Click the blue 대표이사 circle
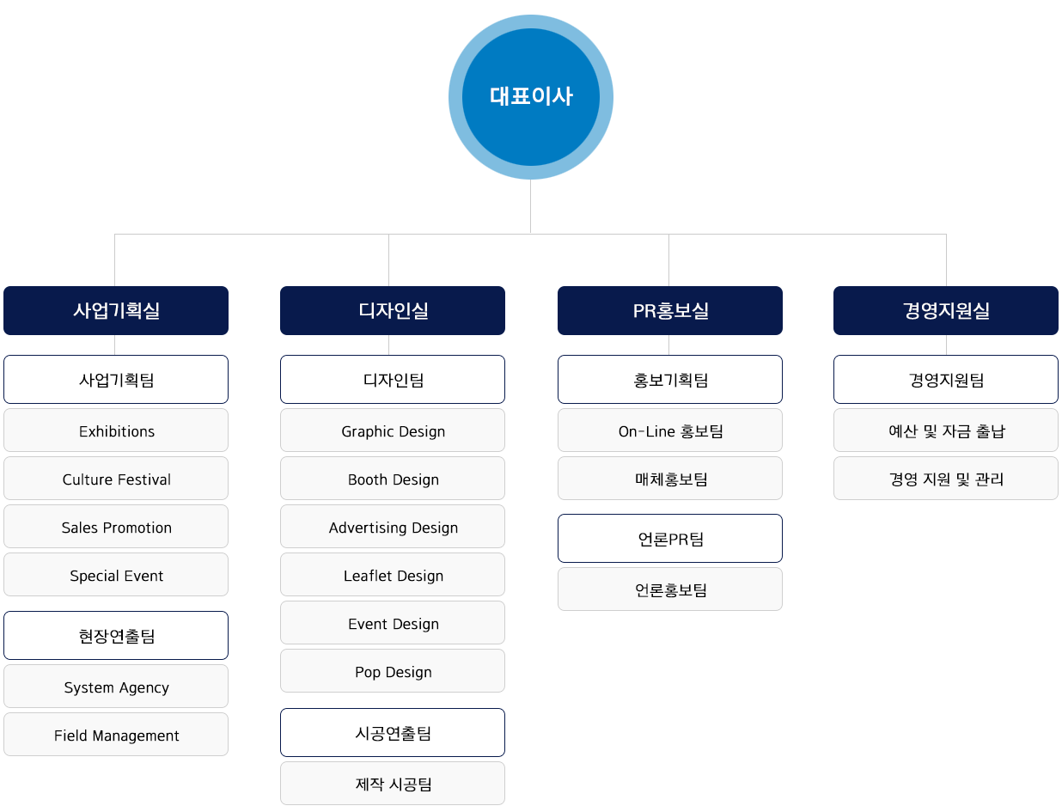(x=531, y=97)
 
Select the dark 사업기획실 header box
(x=116, y=310)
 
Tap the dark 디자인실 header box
(x=393, y=310)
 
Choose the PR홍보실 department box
(x=670, y=310)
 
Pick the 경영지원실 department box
(x=946, y=310)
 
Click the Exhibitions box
(x=116, y=430)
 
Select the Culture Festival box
(x=116, y=479)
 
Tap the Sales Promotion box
(x=116, y=527)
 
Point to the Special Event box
(x=116, y=575)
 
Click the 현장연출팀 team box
(x=116, y=636)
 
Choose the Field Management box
(x=116, y=735)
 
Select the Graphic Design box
(x=393, y=430)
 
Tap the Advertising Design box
(x=393, y=527)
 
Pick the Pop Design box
(x=393, y=671)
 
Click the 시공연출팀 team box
(x=393, y=733)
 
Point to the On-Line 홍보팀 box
(x=670, y=430)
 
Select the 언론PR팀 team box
(x=670, y=538)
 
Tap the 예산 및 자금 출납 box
(x=946, y=430)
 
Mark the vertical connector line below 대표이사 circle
(x=531, y=206)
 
